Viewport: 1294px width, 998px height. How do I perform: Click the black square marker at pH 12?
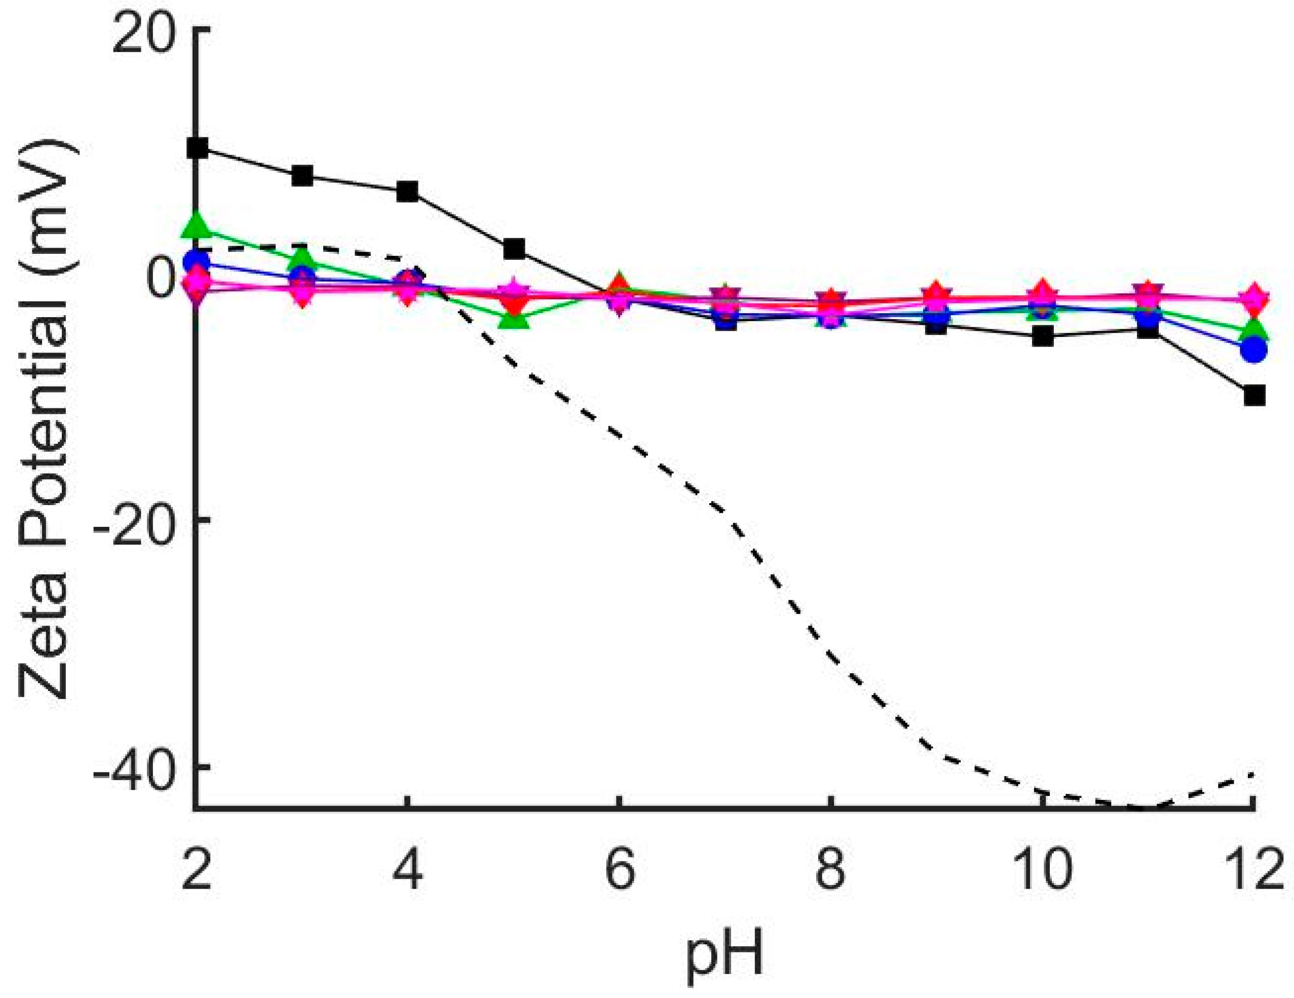[1253, 395]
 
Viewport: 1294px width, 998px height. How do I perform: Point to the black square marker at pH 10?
[1043, 336]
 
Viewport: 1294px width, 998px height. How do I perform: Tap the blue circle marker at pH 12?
[1253, 350]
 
